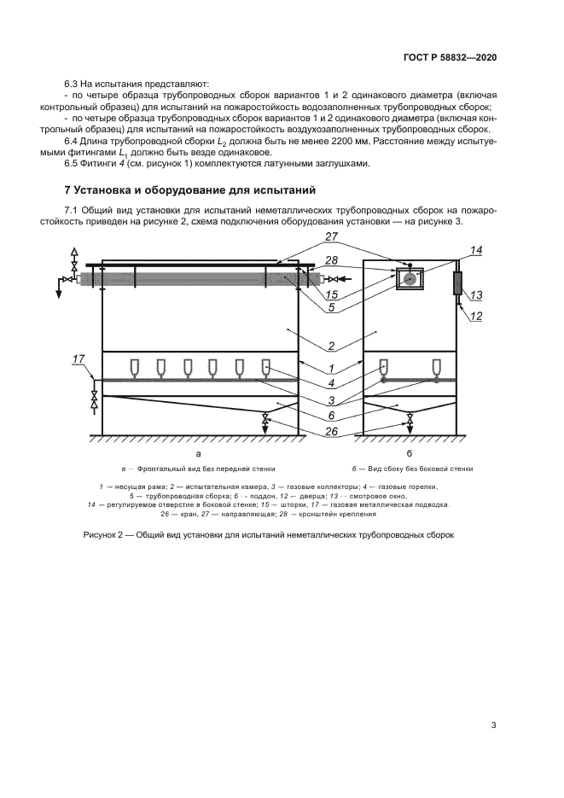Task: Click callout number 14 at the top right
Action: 475,251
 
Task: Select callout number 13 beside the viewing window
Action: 476,295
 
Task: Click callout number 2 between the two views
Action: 332,347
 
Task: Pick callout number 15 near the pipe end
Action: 332,294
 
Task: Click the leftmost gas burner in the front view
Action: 135,368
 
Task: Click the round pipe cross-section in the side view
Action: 409,278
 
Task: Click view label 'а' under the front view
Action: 198,454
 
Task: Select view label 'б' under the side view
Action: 410,454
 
